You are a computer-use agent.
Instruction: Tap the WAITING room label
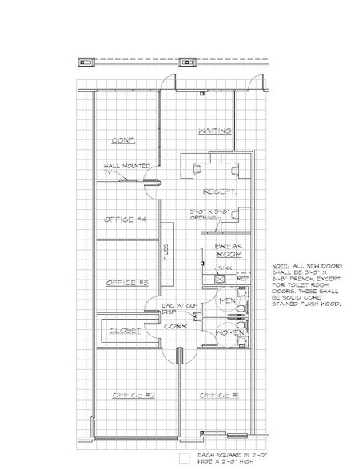tap(214, 130)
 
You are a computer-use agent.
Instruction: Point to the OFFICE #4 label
tap(124, 219)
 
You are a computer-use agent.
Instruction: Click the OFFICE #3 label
tap(124, 282)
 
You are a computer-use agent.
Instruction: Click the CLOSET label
tap(125, 330)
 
